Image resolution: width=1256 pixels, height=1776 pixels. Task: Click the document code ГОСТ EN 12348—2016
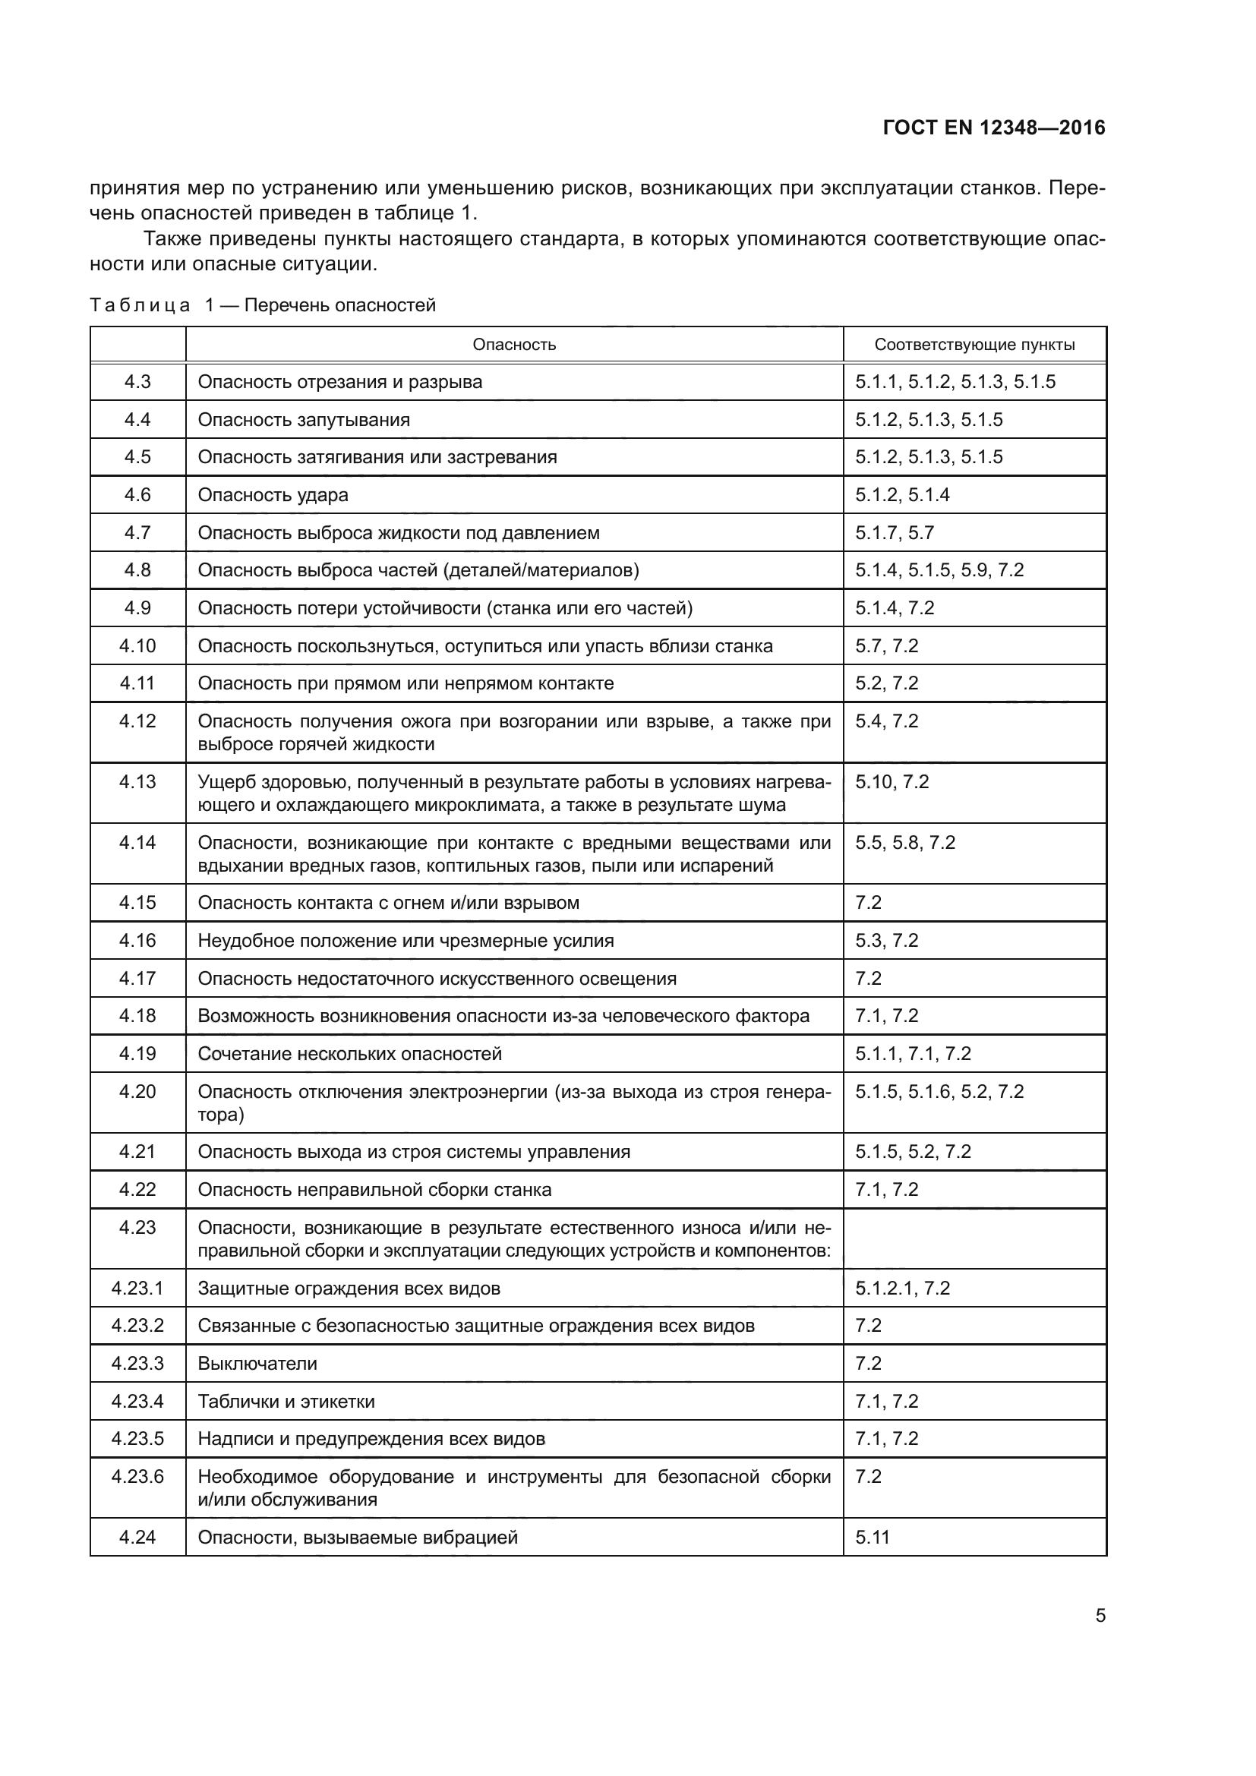click(x=993, y=128)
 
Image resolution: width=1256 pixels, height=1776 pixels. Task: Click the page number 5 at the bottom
click(x=1100, y=1616)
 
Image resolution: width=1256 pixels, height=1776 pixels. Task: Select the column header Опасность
click(x=513, y=345)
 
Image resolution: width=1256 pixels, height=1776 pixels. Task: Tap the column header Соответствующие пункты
click(x=974, y=345)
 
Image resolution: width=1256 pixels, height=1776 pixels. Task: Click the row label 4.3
click(x=137, y=381)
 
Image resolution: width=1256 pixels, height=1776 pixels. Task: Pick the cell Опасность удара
click(x=273, y=495)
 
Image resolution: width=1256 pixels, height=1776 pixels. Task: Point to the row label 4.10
click(x=137, y=646)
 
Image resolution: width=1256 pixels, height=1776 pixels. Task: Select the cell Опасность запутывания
click(x=304, y=420)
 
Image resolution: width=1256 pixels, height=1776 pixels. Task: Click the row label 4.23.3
click(x=137, y=1363)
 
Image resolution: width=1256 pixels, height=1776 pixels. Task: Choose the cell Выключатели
click(x=257, y=1363)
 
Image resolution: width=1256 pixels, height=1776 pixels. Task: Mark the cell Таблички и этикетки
click(x=286, y=1401)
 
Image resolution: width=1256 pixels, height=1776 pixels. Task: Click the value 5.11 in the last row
click(x=873, y=1537)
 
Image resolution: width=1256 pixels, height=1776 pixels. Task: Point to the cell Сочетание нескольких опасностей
click(x=349, y=1054)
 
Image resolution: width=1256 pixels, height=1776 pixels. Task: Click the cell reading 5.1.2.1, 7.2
click(x=902, y=1288)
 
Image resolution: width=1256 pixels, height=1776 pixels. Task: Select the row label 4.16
click(x=137, y=941)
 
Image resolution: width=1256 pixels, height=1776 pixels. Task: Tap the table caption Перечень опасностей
click(x=340, y=305)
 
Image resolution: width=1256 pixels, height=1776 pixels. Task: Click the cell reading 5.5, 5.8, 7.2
click(x=905, y=842)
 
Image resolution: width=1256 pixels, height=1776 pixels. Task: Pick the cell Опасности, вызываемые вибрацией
click(x=358, y=1537)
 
